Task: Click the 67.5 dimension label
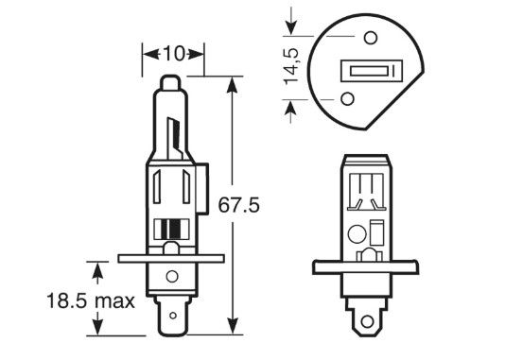click(x=238, y=205)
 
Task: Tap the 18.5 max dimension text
click(x=91, y=301)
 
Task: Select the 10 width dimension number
click(x=174, y=54)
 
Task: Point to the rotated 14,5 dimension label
click(x=291, y=67)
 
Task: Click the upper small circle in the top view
click(x=371, y=38)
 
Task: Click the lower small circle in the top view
click(x=347, y=99)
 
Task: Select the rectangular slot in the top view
click(x=372, y=71)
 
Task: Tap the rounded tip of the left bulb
click(x=170, y=83)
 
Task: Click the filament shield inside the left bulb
click(x=173, y=138)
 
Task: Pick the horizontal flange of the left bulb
click(x=171, y=258)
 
